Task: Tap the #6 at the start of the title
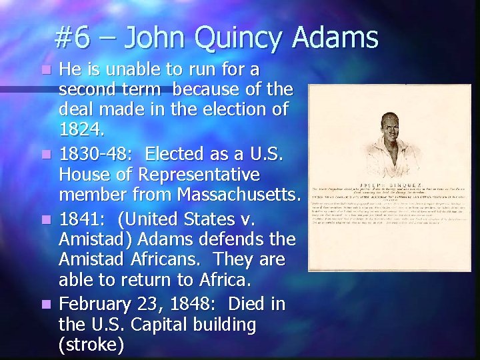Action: point(73,38)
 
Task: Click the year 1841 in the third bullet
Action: point(79,218)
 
